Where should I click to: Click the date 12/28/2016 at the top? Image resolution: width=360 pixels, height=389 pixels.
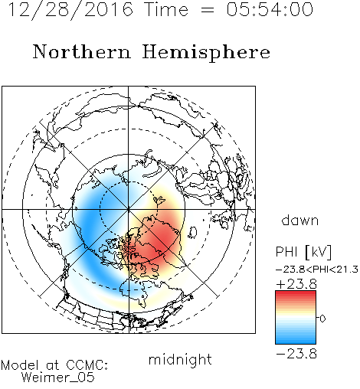pyautogui.click(x=70, y=10)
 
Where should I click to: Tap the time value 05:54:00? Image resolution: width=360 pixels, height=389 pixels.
pyautogui.click(x=270, y=9)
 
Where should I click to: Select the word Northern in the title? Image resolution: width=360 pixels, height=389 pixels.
pyautogui.click(x=82, y=52)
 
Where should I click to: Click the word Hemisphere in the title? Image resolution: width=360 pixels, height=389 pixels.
pyautogui.click(x=206, y=53)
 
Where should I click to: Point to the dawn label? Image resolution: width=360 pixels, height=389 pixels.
pyautogui.click(x=300, y=221)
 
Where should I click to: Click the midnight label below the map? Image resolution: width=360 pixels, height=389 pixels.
pyautogui.click(x=180, y=360)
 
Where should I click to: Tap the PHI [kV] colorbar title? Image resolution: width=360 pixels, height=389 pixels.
pyautogui.click(x=303, y=252)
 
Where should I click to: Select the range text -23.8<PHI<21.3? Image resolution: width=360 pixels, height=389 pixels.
pyautogui.click(x=317, y=270)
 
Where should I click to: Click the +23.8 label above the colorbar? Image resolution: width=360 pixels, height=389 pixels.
pyautogui.click(x=296, y=284)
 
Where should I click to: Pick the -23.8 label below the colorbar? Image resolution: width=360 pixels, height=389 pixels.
pyautogui.click(x=296, y=354)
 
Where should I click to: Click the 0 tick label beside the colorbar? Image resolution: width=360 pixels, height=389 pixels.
pyautogui.click(x=322, y=319)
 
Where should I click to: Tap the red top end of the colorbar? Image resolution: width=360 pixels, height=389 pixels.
pyautogui.click(x=296, y=293)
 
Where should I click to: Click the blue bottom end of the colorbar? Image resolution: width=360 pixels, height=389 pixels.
pyautogui.click(x=296, y=342)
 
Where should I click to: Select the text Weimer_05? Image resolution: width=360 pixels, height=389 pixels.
pyautogui.click(x=58, y=378)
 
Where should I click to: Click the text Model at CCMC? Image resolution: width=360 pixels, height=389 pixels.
pyautogui.click(x=54, y=365)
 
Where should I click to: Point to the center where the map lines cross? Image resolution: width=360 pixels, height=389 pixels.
pyautogui.click(x=129, y=209)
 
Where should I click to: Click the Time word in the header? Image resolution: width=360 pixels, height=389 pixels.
pyautogui.click(x=166, y=10)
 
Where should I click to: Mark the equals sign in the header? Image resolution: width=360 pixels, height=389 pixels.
pyautogui.click(x=208, y=10)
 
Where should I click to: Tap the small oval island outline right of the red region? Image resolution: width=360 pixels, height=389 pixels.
pyautogui.click(x=194, y=232)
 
